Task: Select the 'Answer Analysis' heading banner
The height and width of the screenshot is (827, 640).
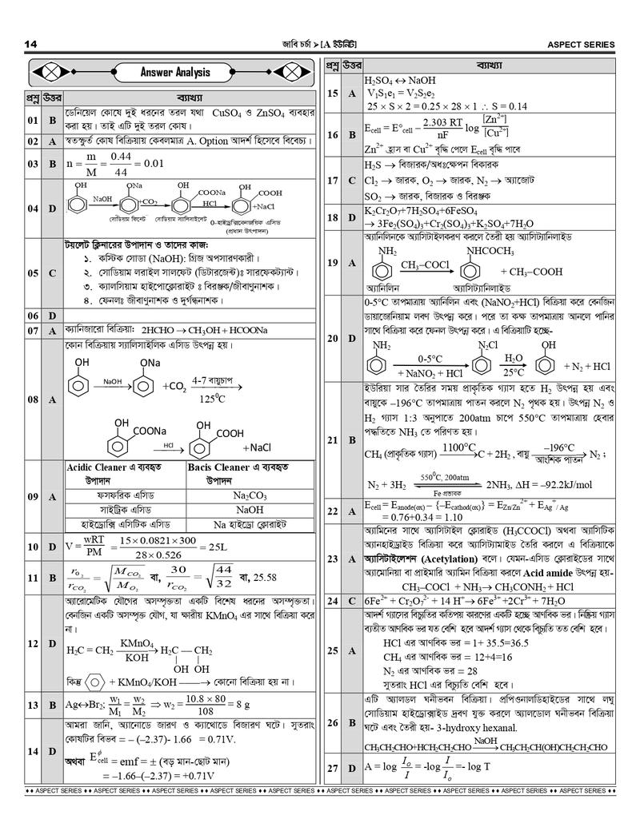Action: (175, 73)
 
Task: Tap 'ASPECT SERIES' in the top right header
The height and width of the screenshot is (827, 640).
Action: (581, 43)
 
